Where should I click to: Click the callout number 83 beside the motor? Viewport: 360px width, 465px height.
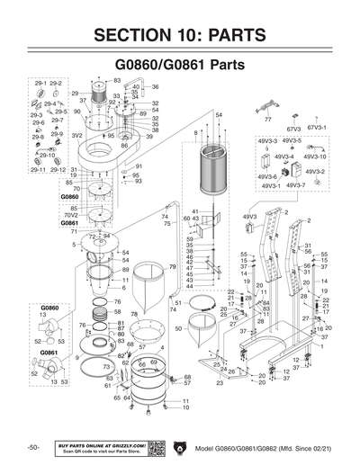point(117,80)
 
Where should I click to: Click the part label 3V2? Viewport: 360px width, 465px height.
point(77,136)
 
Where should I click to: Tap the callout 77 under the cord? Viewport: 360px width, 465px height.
point(268,119)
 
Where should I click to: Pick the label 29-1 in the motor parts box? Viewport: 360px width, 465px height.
point(39,83)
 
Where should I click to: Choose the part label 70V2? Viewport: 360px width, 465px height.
point(70,216)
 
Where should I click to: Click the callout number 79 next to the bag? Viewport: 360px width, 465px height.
point(172,267)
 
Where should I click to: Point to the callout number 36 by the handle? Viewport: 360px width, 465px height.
point(155,87)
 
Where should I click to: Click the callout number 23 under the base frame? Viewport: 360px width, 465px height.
point(219,382)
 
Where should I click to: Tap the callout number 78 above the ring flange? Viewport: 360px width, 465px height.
point(134,314)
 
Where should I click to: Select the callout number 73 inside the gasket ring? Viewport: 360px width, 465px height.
point(106,367)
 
